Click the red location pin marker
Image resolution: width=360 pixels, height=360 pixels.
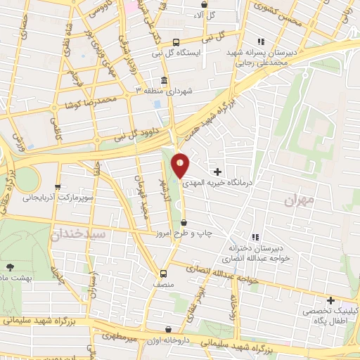coord(181,165)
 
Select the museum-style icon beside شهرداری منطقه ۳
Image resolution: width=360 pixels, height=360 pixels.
coord(164,79)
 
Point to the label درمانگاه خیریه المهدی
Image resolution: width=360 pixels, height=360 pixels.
coord(217,182)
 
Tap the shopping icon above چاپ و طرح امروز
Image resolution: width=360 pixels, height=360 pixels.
coord(184,222)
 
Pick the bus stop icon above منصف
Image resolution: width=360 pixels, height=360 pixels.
coord(164,274)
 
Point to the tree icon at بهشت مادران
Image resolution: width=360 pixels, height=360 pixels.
coord(9,266)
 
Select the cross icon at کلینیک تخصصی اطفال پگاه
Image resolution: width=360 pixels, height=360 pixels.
coord(330,300)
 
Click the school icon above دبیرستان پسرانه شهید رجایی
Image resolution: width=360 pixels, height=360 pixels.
coord(262,41)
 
